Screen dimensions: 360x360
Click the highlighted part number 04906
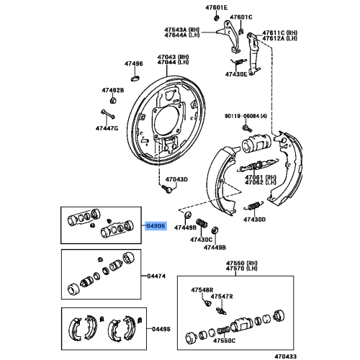156,225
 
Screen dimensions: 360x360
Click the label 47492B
112,90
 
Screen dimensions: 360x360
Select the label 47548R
202,289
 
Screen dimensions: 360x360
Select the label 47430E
235,74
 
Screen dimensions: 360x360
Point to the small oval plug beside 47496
135,75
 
